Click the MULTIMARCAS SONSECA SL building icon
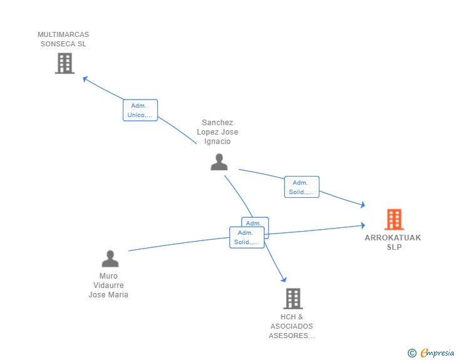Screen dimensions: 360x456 (x=65, y=63)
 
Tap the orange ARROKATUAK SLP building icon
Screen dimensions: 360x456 (x=393, y=219)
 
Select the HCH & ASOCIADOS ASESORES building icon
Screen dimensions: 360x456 (x=293, y=299)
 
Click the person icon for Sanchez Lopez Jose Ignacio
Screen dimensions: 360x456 (x=219, y=162)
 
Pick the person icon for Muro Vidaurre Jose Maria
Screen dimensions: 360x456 (x=110, y=259)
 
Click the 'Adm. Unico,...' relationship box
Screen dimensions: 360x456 (x=140, y=110)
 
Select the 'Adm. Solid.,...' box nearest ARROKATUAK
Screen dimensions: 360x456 (x=302, y=187)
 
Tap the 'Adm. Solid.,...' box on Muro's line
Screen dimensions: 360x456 (x=247, y=237)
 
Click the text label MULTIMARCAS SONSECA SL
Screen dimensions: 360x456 (x=63, y=39)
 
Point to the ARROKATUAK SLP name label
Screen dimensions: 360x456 (x=393, y=242)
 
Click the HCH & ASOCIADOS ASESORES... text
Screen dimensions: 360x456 (x=292, y=326)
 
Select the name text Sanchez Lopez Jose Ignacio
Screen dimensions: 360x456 (x=217, y=132)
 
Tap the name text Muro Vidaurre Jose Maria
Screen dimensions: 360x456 (x=108, y=285)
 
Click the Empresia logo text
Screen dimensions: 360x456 (x=437, y=353)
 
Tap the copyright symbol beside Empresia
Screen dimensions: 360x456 (x=412, y=354)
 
